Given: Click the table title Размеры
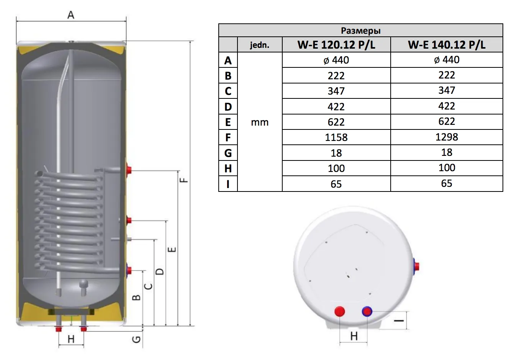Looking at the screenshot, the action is (x=360, y=31).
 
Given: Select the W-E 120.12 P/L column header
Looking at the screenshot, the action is (x=336, y=44).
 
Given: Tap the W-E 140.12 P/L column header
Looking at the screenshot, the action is (x=447, y=44).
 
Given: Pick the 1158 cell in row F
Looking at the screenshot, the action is (x=336, y=137).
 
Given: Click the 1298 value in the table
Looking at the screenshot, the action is (x=447, y=137).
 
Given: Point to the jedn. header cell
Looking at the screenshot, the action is (x=260, y=45).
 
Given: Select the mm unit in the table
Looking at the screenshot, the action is (x=260, y=122).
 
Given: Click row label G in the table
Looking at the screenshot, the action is (x=228, y=153).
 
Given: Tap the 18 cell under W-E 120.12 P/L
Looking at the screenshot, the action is (x=336, y=153).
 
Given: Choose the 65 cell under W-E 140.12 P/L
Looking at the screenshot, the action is (x=447, y=183).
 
